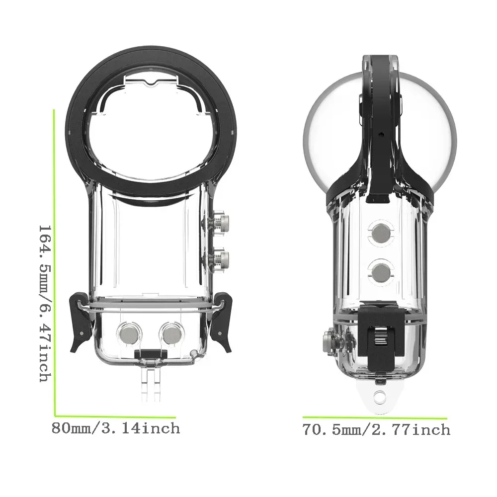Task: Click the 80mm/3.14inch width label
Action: [116, 428]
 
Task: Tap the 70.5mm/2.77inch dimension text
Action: [376, 429]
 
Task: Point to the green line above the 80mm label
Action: [115, 415]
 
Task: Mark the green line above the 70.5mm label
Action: [375, 418]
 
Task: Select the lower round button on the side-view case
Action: [381, 271]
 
